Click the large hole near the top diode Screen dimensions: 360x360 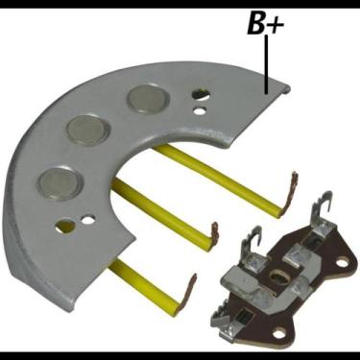pyautogui.click(x=200, y=95)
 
